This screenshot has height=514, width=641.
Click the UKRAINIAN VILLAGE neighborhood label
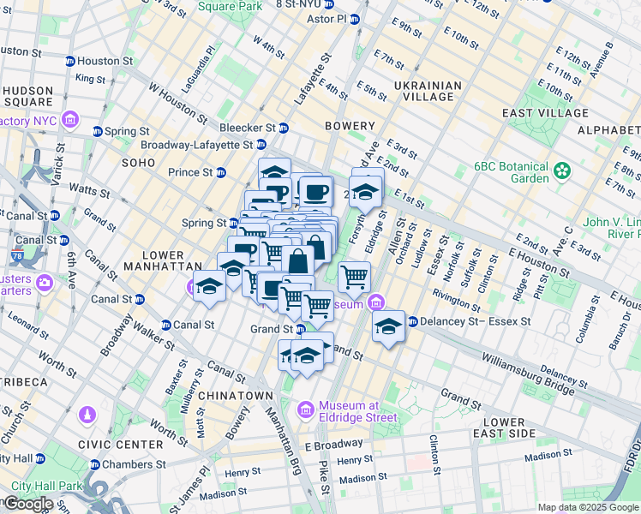pos(428,92)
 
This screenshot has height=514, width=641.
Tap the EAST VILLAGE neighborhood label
pos(545,113)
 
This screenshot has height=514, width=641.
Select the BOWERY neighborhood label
pos(350,126)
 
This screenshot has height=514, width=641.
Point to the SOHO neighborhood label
pos(138,162)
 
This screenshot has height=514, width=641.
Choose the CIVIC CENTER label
pos(120,445)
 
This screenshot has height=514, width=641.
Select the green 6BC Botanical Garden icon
pos(562,170)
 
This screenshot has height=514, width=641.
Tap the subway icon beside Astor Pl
pos(356,18)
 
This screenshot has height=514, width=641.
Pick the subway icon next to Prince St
pos(221,172)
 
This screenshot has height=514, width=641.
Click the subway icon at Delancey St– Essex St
pos(412,322)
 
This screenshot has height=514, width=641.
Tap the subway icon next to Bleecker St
pos(284,128)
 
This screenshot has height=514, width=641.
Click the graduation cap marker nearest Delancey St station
pos(388,326)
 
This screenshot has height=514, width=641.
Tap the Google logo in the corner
pos(27,504)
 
